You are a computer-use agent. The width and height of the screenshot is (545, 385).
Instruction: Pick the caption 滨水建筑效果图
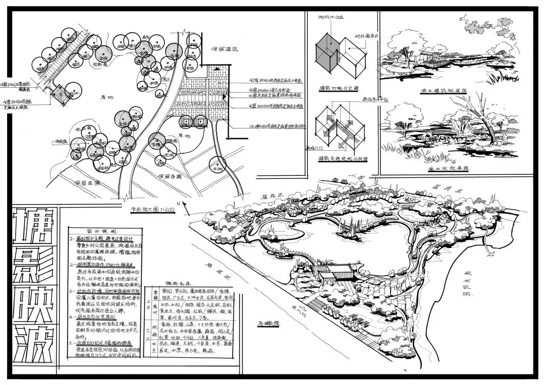pos(445,92)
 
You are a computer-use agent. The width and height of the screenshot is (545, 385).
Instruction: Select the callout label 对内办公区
pos(329,18)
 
